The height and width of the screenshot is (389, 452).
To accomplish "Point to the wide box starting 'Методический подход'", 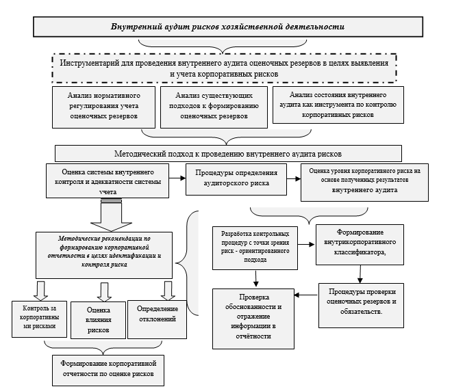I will click(227, 153).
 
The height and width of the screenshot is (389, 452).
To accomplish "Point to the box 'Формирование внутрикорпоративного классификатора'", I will click(363, 245).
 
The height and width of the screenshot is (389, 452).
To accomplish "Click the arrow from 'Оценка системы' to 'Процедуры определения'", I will click(177, 178).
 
